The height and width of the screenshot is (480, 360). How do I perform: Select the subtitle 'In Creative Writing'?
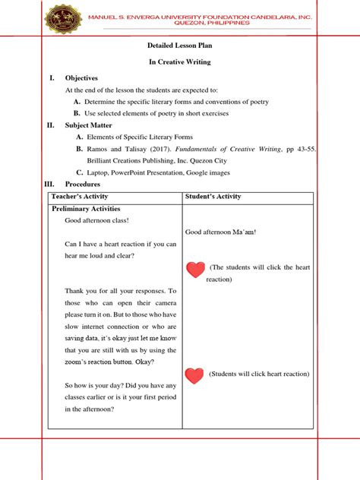click(x=180, y=62)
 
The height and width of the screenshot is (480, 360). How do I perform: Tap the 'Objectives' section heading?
click(x=81, y=77)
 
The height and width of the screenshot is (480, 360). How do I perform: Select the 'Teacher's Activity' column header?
click(x=80, y=197)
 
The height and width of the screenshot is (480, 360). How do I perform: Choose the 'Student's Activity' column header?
click(x=213, y=197)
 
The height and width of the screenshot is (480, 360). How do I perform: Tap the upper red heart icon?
click(x=195, y=269)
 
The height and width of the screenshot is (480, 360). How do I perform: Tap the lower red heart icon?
click(x=195, y=374)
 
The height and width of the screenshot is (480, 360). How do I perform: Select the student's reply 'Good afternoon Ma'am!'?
click(x=220, y=232)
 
